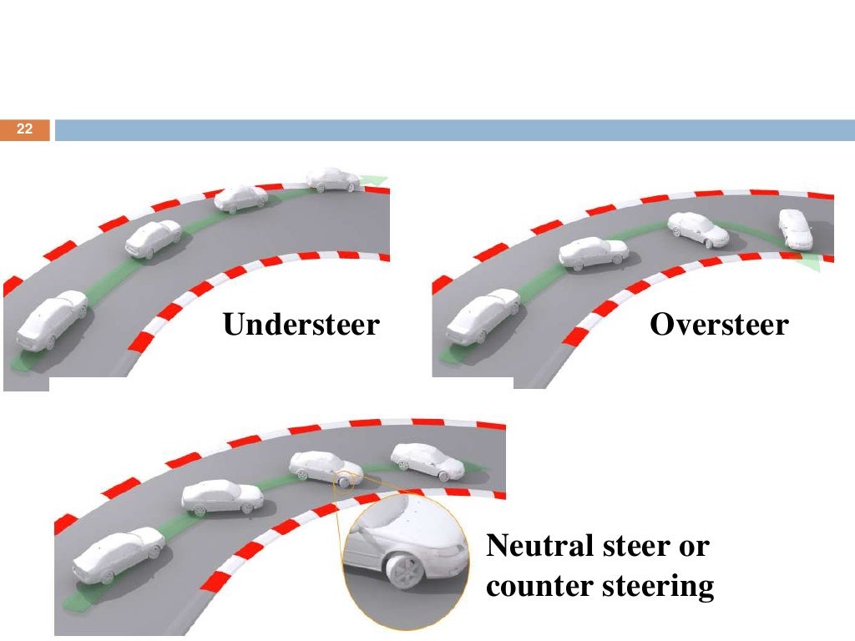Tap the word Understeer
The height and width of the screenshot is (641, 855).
click(x=301, y=324)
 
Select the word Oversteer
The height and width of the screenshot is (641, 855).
click(x=718, y=324)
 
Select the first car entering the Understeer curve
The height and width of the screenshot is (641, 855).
click(x=52, y=320)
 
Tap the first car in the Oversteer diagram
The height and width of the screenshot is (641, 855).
click(x=482, y=316)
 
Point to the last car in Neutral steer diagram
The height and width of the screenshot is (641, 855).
click(x=427, y=460)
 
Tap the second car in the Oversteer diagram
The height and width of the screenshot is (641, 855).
click(x=593, y=253)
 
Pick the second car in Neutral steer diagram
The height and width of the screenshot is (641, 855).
click(x=222, y=497)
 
